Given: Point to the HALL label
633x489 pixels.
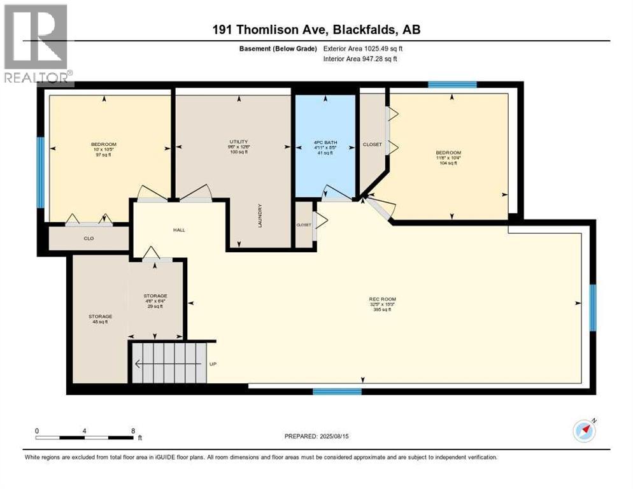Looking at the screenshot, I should [x=178, y=230].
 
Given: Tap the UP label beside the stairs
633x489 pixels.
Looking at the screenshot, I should [x=214, y=365].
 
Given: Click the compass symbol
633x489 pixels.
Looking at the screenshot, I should [x=584, y=431].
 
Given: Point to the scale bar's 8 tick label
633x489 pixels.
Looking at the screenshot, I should [x=132, y=431].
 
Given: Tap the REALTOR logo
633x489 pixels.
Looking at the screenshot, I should [x=37, y=45].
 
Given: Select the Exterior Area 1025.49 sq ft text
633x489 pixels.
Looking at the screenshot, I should [x=364, y=48].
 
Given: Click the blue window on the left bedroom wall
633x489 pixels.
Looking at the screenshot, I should [x=41, y=173].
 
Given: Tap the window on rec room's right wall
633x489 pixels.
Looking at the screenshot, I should [x=592, y=308].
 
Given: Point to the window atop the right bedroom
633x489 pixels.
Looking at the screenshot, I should [x=452, y=85].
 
